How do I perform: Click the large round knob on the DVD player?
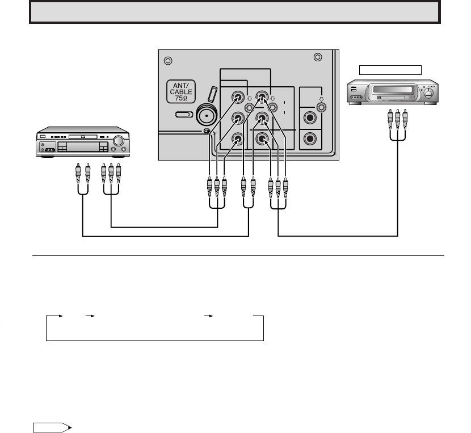pos(119,141)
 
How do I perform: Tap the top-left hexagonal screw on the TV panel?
pos(167,61)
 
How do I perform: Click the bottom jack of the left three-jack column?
pos(238,138)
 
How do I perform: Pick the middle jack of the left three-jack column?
pos(238,119)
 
